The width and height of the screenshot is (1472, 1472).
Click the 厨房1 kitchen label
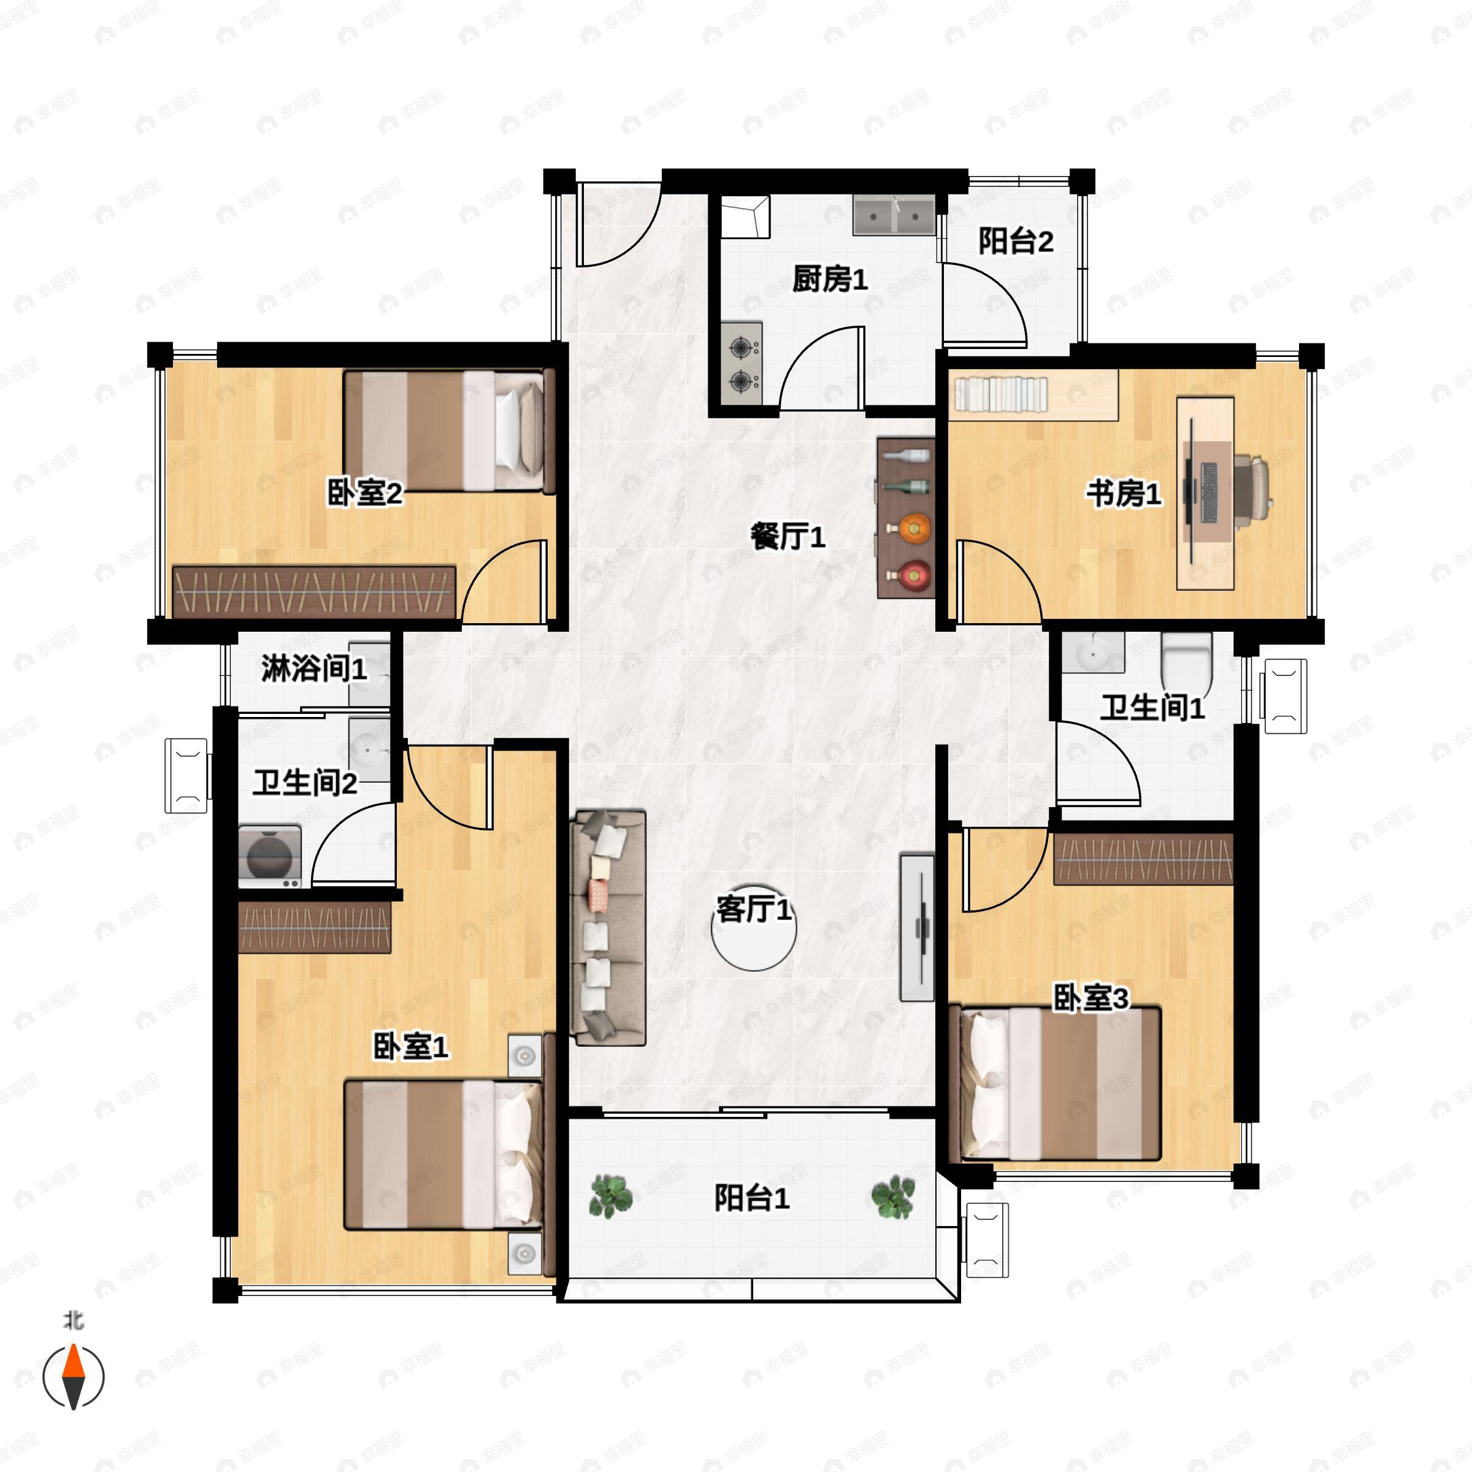point(830,280)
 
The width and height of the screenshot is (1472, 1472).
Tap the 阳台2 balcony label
point(1016,241)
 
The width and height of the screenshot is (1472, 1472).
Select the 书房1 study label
point(1124,494)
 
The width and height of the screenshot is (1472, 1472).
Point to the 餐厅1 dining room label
point(788,537)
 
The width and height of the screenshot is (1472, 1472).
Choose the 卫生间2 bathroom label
point(305,783)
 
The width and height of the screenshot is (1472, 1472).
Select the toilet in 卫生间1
point(1186,660)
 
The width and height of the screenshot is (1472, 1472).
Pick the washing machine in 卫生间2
point(270,857)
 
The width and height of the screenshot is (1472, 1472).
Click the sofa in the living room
point(608,928)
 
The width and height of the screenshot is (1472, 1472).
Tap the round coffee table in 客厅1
point(754,929)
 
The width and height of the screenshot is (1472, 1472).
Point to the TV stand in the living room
point(918,927)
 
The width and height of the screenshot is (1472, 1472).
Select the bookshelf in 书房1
point(1036,396)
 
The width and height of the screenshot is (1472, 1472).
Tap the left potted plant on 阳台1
point(610,1195)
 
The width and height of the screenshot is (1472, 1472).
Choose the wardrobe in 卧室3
point(1143,858)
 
